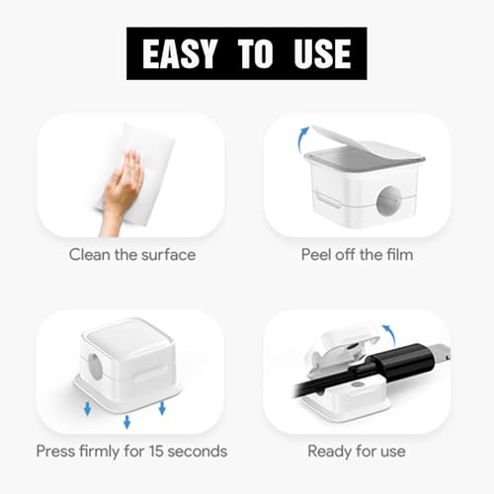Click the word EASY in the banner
(x=180, y=53)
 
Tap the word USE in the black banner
(x=322, y=53)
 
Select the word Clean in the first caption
(x=90, y=255)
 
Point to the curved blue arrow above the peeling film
(x=302, y=138)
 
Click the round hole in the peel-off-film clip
(x=389, y=201)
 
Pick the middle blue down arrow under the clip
(x=127, y=422)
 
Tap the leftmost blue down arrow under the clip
(x=87, y=408)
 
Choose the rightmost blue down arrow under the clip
(x=162, y=408)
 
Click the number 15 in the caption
(x=156, y=451)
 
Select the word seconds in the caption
(x=198, y=451)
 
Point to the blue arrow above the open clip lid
(x=389, y=335)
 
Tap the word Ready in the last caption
(x=329, y=452)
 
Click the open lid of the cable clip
(x=344, y=346)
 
